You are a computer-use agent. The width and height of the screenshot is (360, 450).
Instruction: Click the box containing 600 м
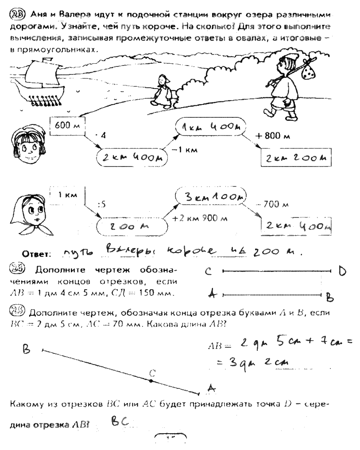click(67, 126)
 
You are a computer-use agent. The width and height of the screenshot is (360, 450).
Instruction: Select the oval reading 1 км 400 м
click(210, 127)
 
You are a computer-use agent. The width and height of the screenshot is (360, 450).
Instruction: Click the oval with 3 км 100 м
click(211, 195)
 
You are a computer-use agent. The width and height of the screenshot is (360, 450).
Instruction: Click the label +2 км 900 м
click(193, 217)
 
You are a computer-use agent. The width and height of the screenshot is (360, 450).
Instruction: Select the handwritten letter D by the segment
click(342, 271)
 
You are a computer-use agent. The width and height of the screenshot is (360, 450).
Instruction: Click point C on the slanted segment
click(151, 380)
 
